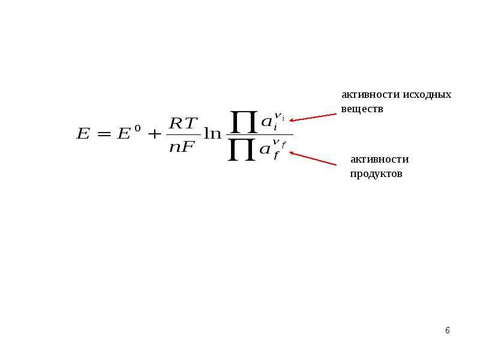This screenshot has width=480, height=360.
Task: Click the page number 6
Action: pos(448,331)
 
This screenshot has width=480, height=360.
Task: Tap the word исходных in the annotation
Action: pos(427,95)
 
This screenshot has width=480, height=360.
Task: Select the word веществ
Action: pos(362,109)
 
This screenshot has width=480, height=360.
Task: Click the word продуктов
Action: pos(376,175)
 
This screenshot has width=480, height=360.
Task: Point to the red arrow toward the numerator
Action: pos(313,117)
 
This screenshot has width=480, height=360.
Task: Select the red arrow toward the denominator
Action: pos(313,158)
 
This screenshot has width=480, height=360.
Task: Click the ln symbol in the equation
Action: pos(212,133)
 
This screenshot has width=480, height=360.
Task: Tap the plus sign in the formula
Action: pos(154,134)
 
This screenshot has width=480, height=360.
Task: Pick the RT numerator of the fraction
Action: pos(182,124)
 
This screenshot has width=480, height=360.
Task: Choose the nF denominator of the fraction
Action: pos(182,147)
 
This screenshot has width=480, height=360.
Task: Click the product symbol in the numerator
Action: pos(244,122)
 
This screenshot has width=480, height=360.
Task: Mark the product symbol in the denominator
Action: pos(242,149)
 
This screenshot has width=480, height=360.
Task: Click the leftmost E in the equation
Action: pos(83,133)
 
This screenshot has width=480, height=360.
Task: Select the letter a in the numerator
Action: pos(266,122)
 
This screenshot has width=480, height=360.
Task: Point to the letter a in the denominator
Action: pos(265,149)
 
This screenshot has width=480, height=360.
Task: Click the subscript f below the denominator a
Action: pos(277,156)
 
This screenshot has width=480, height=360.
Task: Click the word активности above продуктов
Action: pos(380,160)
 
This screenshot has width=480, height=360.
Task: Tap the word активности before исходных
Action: pos(371,95)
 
